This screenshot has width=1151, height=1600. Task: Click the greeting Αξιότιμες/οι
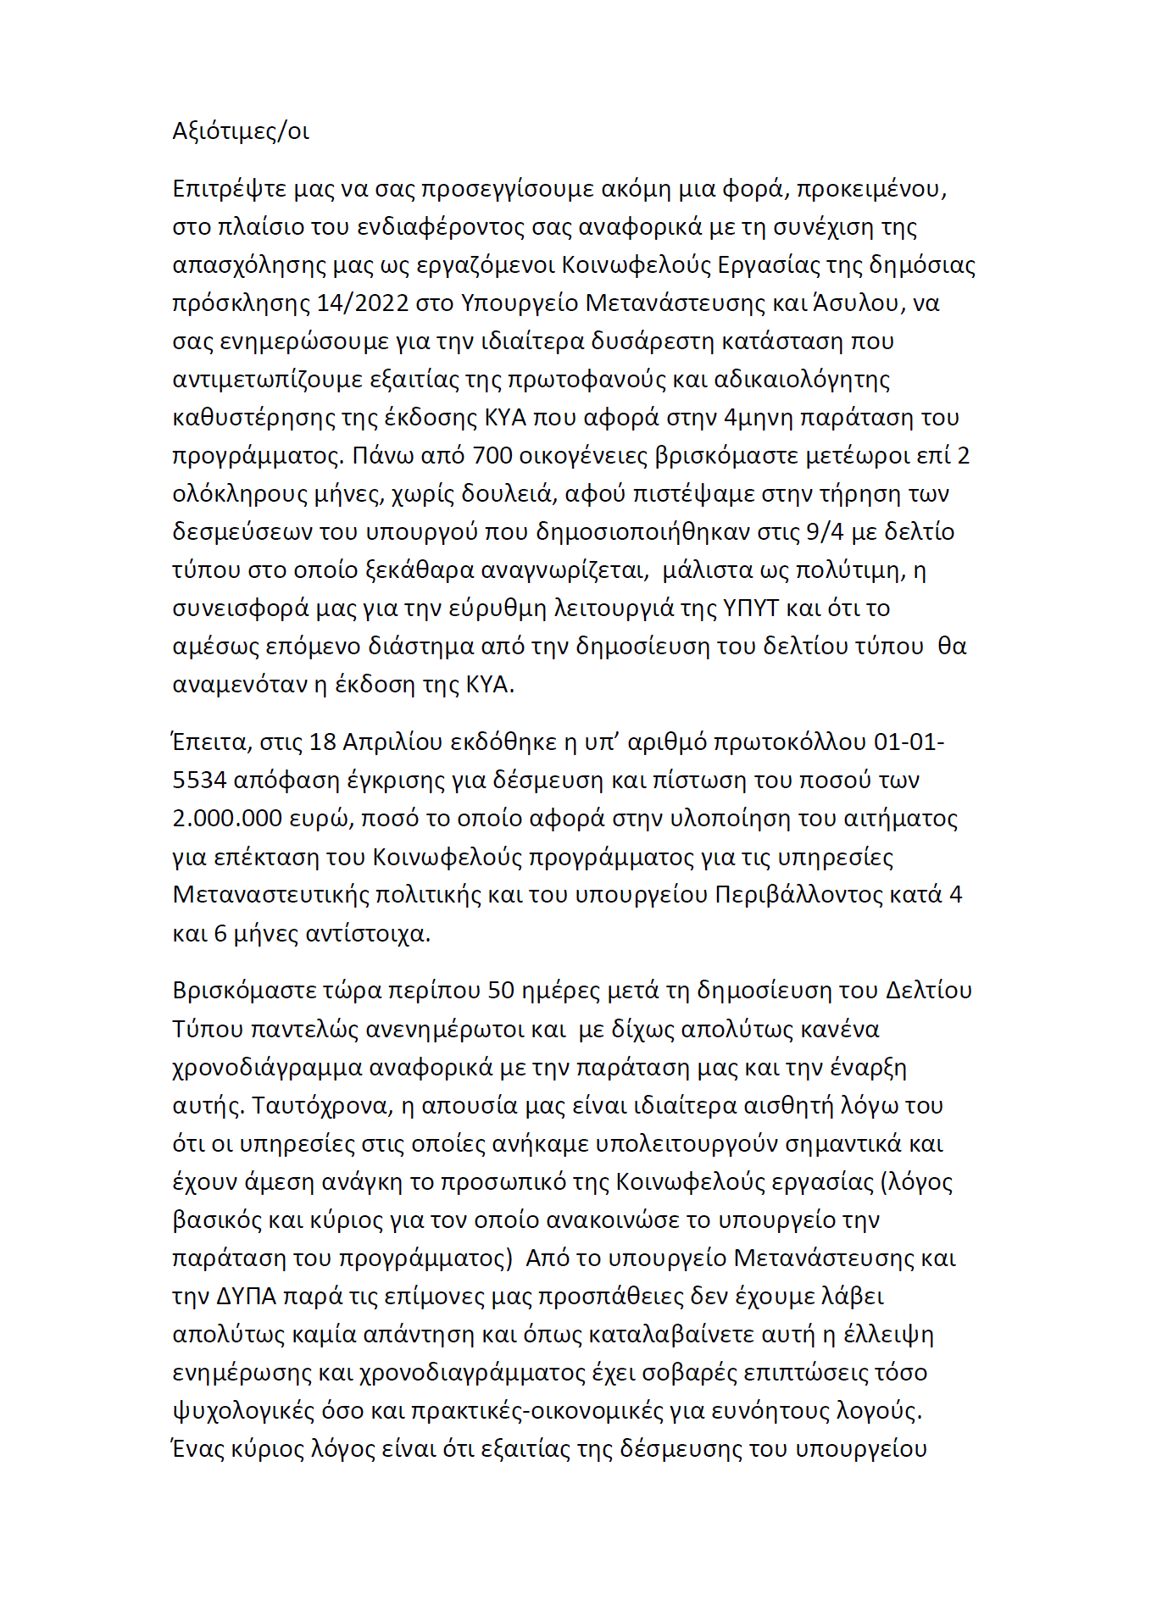[x=241, y=131]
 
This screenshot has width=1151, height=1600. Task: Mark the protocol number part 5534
[x=199, y=780]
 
